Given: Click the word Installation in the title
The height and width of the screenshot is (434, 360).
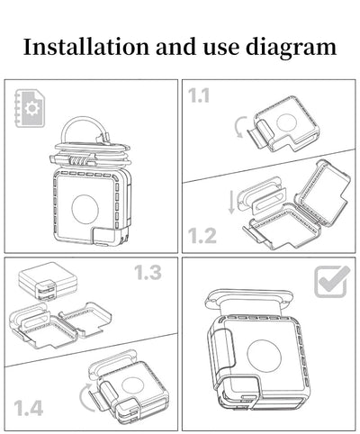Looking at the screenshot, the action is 86,47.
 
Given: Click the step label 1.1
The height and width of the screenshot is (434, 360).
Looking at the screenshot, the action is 198,96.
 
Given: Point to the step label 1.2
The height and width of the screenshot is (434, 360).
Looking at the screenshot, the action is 202,236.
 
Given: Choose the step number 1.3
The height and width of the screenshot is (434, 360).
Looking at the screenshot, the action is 148,273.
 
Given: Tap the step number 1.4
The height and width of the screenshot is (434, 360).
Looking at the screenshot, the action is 28,408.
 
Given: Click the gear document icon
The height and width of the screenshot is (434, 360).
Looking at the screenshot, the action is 30,108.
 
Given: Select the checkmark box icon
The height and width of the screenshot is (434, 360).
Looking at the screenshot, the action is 332,282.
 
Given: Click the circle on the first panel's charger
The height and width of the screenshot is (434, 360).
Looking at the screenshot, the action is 85,209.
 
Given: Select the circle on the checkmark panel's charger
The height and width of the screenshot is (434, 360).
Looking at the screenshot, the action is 265,357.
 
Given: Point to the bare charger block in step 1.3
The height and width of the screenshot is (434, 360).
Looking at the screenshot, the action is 48,282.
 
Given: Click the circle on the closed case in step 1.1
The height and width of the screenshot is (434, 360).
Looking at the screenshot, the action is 287,123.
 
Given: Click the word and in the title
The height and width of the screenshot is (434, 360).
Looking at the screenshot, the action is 176,47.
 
